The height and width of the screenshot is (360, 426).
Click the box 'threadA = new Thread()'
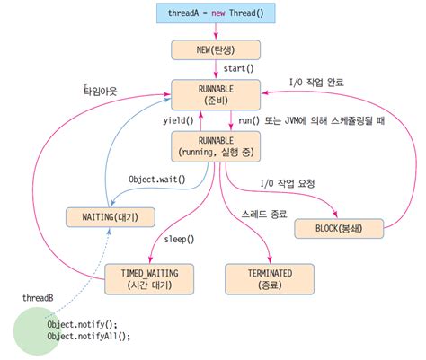click(215, 13)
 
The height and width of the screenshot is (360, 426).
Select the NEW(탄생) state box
click(215, 48)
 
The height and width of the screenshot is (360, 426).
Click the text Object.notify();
click(82, 323)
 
